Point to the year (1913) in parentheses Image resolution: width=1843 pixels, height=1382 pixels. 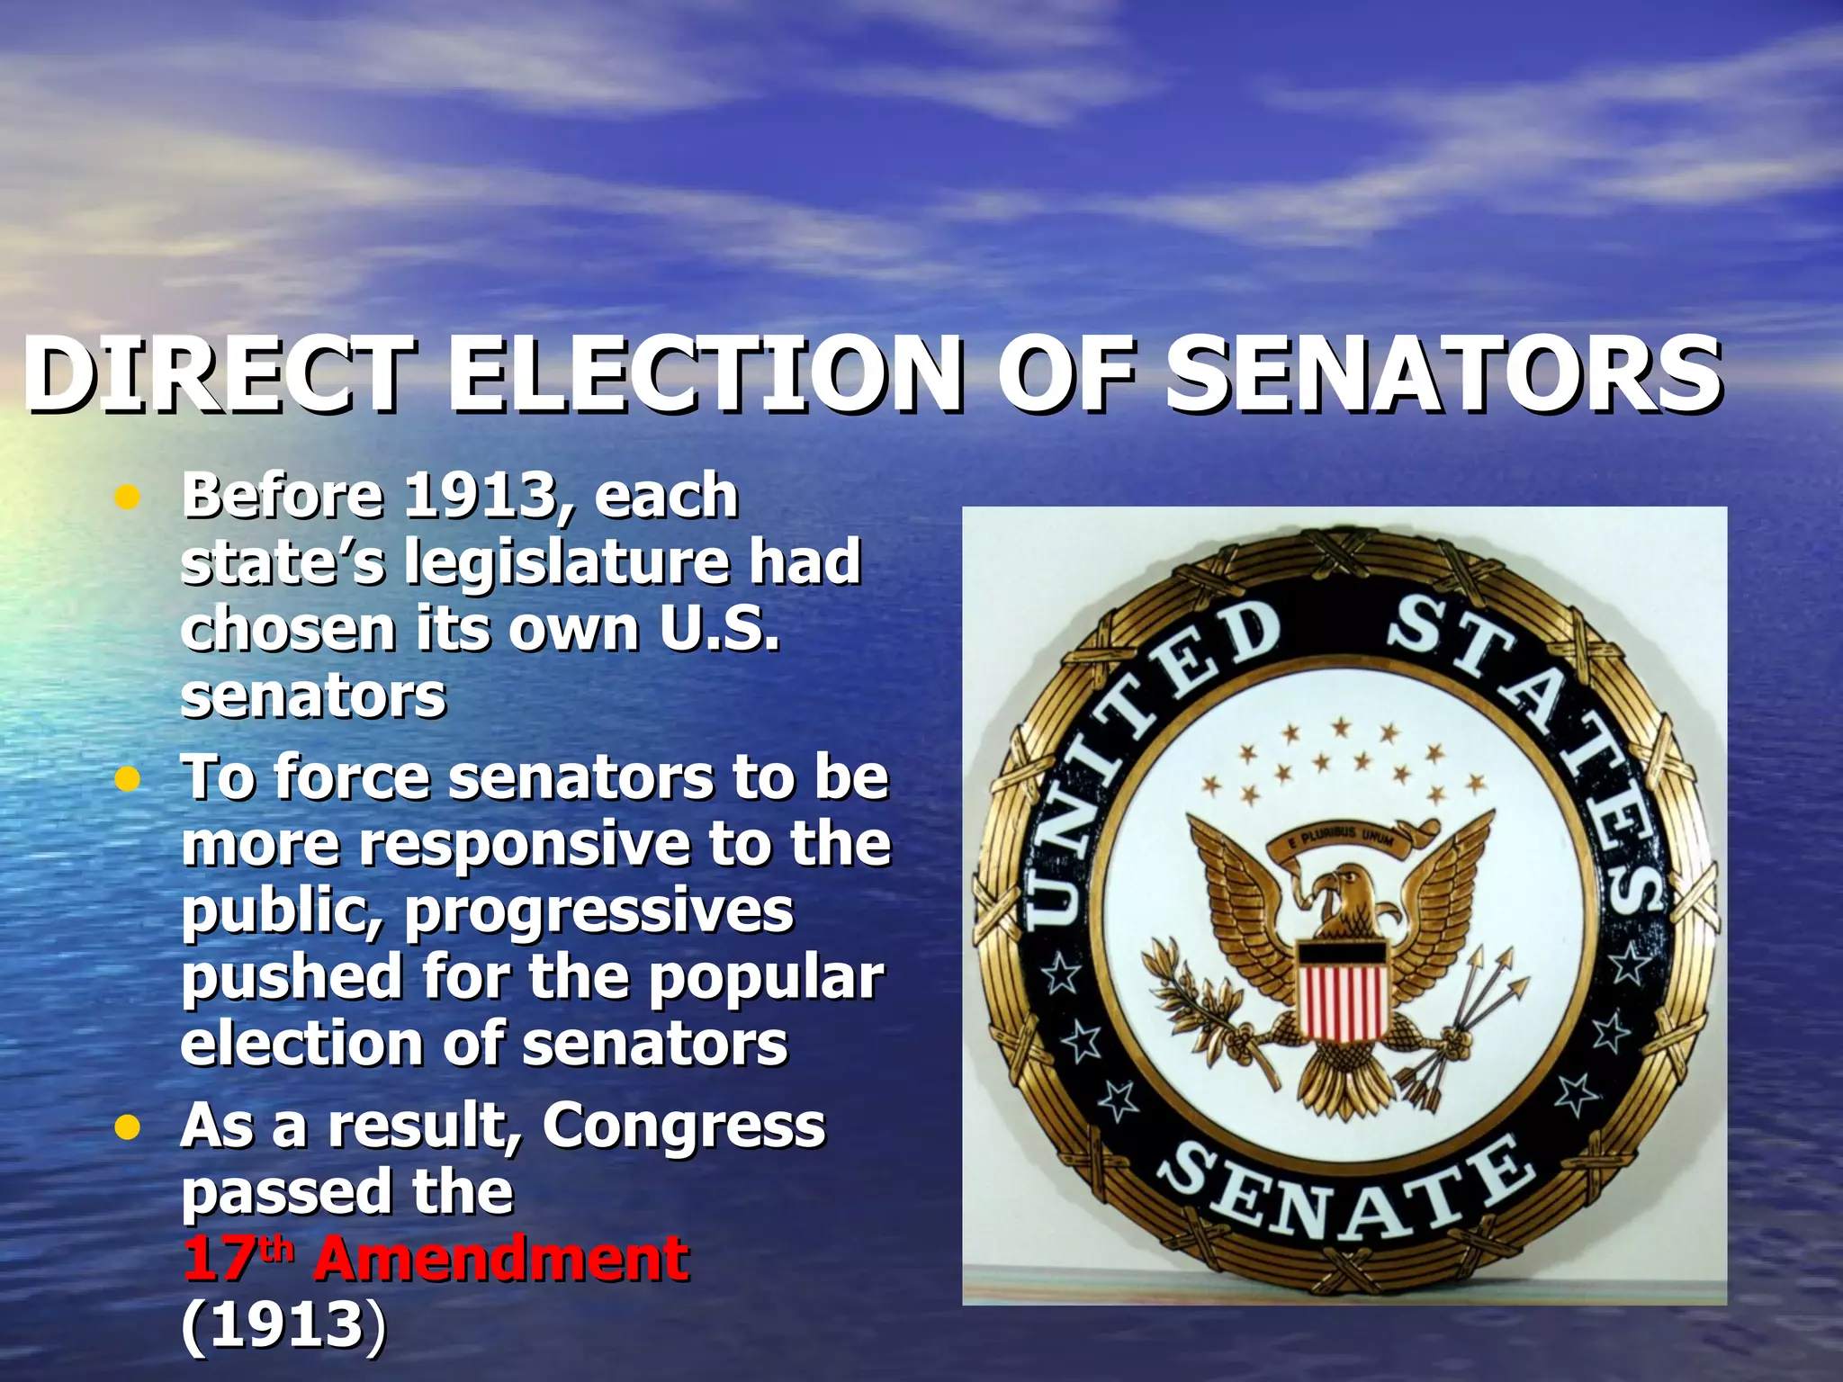[x=284, y=1324]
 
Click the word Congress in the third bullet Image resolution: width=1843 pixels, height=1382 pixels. [x=684, y=1126]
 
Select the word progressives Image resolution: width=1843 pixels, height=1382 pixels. [x=599, y=911]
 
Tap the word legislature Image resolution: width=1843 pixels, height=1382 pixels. [x=567, y=562]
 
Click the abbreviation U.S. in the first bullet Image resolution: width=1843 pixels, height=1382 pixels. [x=719, y=629]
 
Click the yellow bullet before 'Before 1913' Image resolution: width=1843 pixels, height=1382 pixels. [x=129, y=498]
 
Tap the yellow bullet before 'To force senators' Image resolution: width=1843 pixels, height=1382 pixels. [x=129, y=779]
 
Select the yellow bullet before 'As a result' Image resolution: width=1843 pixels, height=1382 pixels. [x=129, y=1127]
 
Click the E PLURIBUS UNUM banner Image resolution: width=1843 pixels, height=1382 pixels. [x=1341, y=839]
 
